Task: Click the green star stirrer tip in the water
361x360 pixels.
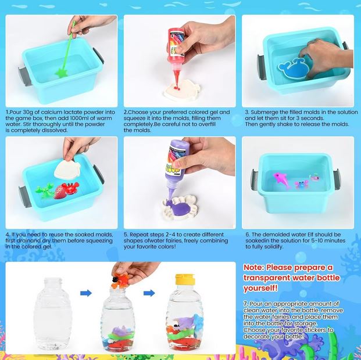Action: (61, 73)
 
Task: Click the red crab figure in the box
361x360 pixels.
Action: (68, 189)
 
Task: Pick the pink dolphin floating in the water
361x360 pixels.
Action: (281, 179)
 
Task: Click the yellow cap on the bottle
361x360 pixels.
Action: (184, 279)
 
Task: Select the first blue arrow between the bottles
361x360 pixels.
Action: (86, 293)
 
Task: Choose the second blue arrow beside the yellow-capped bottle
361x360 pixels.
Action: (149, 293)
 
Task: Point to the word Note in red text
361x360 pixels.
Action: (253, 268)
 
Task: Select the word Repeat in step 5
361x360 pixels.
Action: (138, 235)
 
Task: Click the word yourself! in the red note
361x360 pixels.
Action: (260, 288)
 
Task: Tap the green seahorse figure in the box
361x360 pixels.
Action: (45, 190)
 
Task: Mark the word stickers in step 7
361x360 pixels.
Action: (316, 330)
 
